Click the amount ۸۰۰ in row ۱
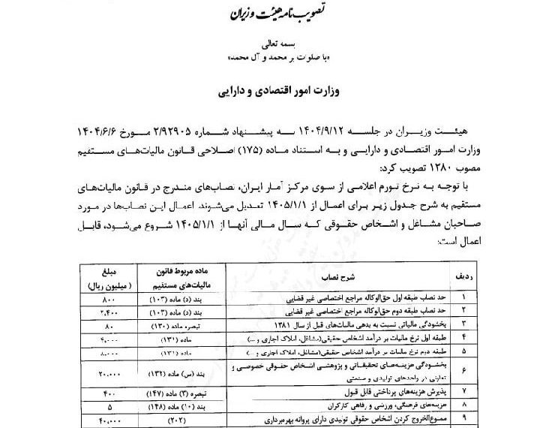coord(100,299)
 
